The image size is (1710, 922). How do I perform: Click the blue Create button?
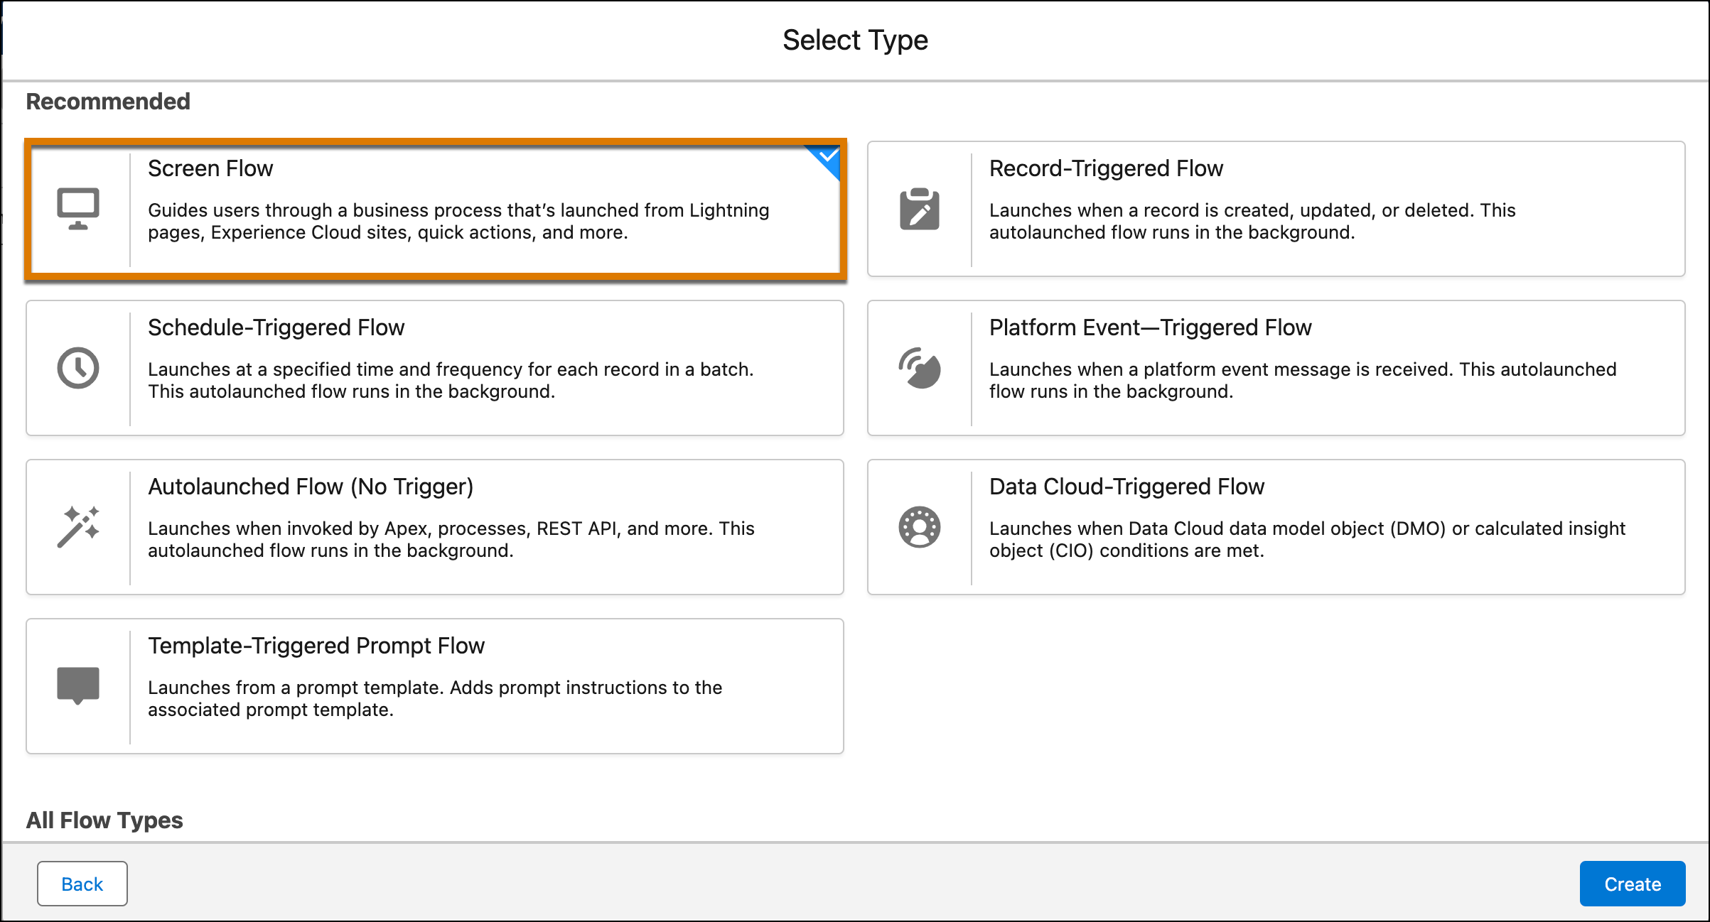(x=1632, y=884)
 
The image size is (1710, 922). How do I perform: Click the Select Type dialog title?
(x=855, y=40)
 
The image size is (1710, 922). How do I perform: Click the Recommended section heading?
(x=108, y=102)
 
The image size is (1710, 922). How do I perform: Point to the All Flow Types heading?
(x=104, y=820)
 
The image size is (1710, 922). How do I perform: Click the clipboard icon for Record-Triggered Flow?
(x=920, y=209)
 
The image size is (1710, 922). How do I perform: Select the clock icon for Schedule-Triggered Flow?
(x=78, y=368)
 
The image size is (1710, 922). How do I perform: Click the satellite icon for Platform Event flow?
(x=920, y=368)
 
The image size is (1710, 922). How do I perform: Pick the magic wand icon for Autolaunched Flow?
(x=78, y=527)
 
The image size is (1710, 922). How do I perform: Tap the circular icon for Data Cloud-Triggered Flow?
(x=920, y=527)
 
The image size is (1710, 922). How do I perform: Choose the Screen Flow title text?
(x=210, y=168)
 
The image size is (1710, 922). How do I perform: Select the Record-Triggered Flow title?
(x=1106, y=168)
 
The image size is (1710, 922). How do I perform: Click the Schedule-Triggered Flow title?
(x=276, y=327)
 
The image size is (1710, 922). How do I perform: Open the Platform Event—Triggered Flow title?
(x=1150, y=327)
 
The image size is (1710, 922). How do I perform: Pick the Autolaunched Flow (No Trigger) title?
(x=311, y=487)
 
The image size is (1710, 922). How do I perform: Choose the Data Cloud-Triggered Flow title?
(x=1126, y=487)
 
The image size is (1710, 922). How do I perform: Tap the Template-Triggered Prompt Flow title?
(x=316, y=646)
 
